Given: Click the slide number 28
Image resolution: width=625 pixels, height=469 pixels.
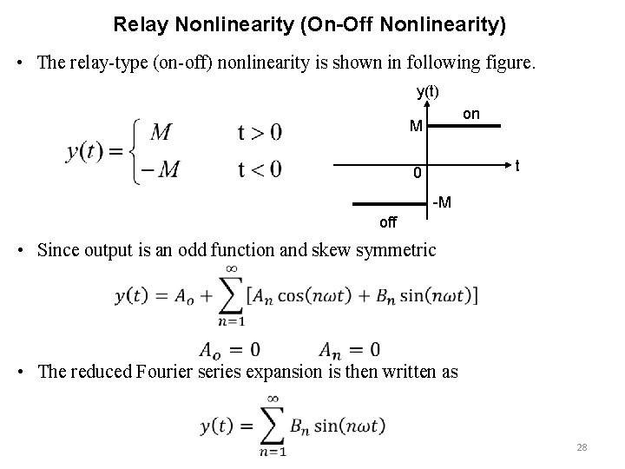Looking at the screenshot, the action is [x=582, y=447].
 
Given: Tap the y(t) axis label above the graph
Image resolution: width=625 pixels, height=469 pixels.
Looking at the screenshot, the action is [x=427, y=91].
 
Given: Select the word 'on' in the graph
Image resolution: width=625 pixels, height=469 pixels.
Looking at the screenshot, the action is [x=471, y=114].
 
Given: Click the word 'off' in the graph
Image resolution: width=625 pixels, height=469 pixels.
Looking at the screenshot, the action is [x=387, y=222].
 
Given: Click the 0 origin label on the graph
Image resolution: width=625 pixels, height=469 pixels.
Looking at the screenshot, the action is [x=417, y=174].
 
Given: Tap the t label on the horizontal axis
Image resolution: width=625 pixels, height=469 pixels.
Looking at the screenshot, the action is [x=518, y=164].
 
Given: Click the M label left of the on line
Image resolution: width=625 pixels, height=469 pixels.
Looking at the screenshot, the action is [x=417, y=127].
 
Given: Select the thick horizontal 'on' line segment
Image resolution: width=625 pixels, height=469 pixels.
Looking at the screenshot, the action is [x=467, y=127].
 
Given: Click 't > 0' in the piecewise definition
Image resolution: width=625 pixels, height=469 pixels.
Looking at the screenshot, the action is [x=259, y=133].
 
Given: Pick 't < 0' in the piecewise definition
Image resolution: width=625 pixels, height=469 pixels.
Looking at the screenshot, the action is [x=259, y=168].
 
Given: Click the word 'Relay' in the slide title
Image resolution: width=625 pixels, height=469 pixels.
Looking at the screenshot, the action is [x=141, y=24].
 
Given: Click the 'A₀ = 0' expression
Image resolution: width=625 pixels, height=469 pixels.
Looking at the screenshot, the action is [x=229, y=350].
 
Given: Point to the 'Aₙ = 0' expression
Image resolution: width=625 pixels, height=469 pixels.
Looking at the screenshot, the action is [x=349, y=350].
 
